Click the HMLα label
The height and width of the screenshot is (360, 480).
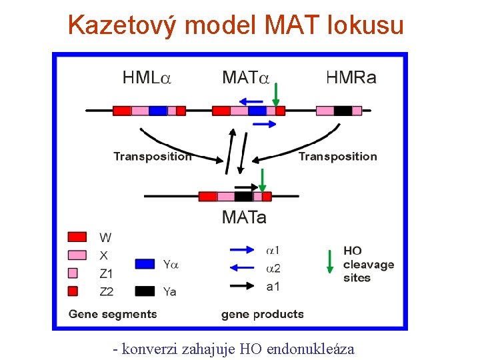147,78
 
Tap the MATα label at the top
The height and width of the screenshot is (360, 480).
245,78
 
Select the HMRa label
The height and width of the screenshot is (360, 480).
351,78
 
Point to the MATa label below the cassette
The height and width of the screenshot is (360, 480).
244,217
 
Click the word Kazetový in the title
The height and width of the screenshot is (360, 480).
123,25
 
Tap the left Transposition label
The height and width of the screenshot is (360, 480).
152,157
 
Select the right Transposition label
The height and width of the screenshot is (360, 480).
337,157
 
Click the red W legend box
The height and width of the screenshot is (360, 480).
77,237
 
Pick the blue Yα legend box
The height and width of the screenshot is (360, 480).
145,264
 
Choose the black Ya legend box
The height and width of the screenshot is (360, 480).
145,291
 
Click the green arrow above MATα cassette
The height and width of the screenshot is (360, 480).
275,94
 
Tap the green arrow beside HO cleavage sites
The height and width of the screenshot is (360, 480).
329,261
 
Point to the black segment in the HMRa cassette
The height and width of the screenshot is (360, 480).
343,111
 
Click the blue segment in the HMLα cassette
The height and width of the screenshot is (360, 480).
158,111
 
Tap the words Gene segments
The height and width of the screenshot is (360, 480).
113,314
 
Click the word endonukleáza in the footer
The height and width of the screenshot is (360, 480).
310,349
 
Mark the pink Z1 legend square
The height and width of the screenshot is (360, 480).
73,273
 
